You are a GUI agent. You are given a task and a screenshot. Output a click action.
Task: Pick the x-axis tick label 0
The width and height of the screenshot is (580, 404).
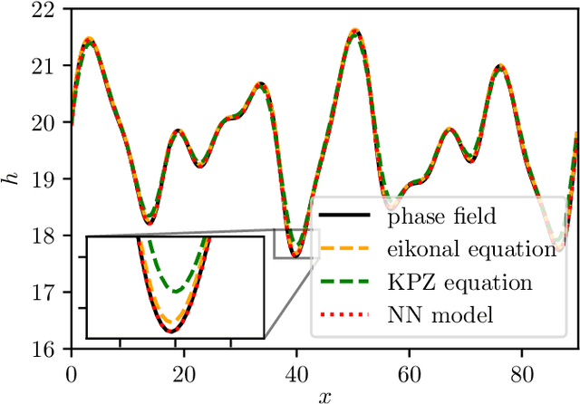click(71, 372)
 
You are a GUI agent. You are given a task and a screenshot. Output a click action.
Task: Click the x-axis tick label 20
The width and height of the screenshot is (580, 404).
click(183, 372)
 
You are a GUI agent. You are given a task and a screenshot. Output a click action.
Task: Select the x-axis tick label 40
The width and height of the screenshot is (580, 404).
click(296, 372)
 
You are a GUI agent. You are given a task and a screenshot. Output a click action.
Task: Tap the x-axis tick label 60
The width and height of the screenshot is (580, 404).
click(409, 372)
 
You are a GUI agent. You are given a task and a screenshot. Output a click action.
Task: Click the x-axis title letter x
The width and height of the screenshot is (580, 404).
click(324, 395)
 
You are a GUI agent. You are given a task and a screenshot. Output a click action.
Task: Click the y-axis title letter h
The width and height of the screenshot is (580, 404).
click(12, 180)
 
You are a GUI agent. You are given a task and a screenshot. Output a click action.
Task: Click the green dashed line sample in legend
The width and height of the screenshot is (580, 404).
click(346, 282)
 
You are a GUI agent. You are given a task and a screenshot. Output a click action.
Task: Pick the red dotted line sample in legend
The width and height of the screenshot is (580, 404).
click(346, 314)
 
